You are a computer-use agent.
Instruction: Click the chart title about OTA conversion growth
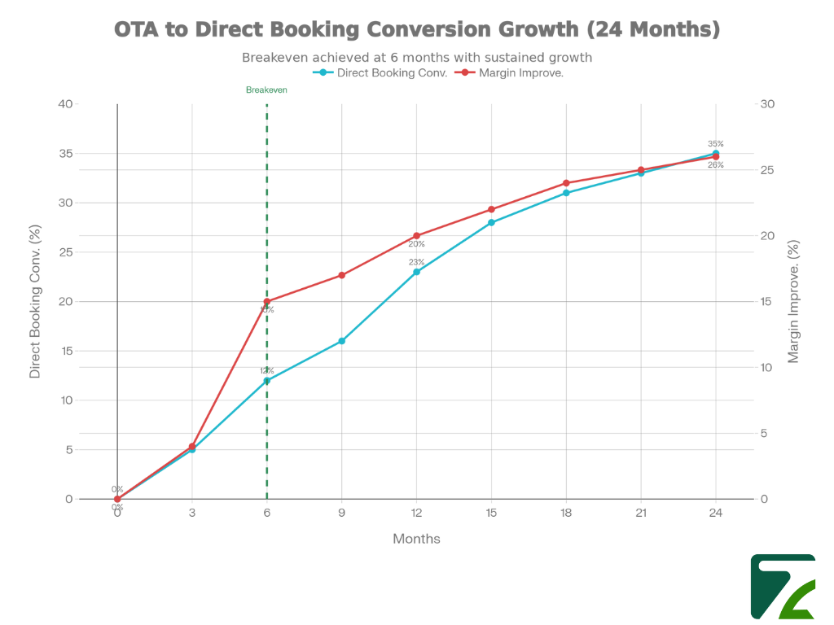coord(417,29)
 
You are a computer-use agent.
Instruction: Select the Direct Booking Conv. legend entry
coord(381,72)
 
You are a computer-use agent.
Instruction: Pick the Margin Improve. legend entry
coord(513,72)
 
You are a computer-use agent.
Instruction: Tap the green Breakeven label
coord(266,90)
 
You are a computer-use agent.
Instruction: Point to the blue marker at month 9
coord(342,341)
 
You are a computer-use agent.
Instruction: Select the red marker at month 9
coord(342,275)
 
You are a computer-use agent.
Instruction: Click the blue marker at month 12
coord(417,272)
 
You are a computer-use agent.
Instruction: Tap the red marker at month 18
coord(566,183)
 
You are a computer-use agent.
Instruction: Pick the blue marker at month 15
coord(491,222)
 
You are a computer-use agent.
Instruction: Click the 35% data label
coord(715,144)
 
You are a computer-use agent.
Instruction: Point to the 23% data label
coord(416,262)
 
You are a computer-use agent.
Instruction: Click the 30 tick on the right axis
coord(768,104)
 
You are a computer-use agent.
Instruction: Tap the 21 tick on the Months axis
coord(641,514)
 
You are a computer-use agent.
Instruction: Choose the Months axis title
coord(416,539)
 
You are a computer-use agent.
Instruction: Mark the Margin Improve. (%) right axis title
coord(794,301)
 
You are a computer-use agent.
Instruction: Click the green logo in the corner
coord(783,586)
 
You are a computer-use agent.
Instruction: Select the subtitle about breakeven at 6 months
coord(417,58)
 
